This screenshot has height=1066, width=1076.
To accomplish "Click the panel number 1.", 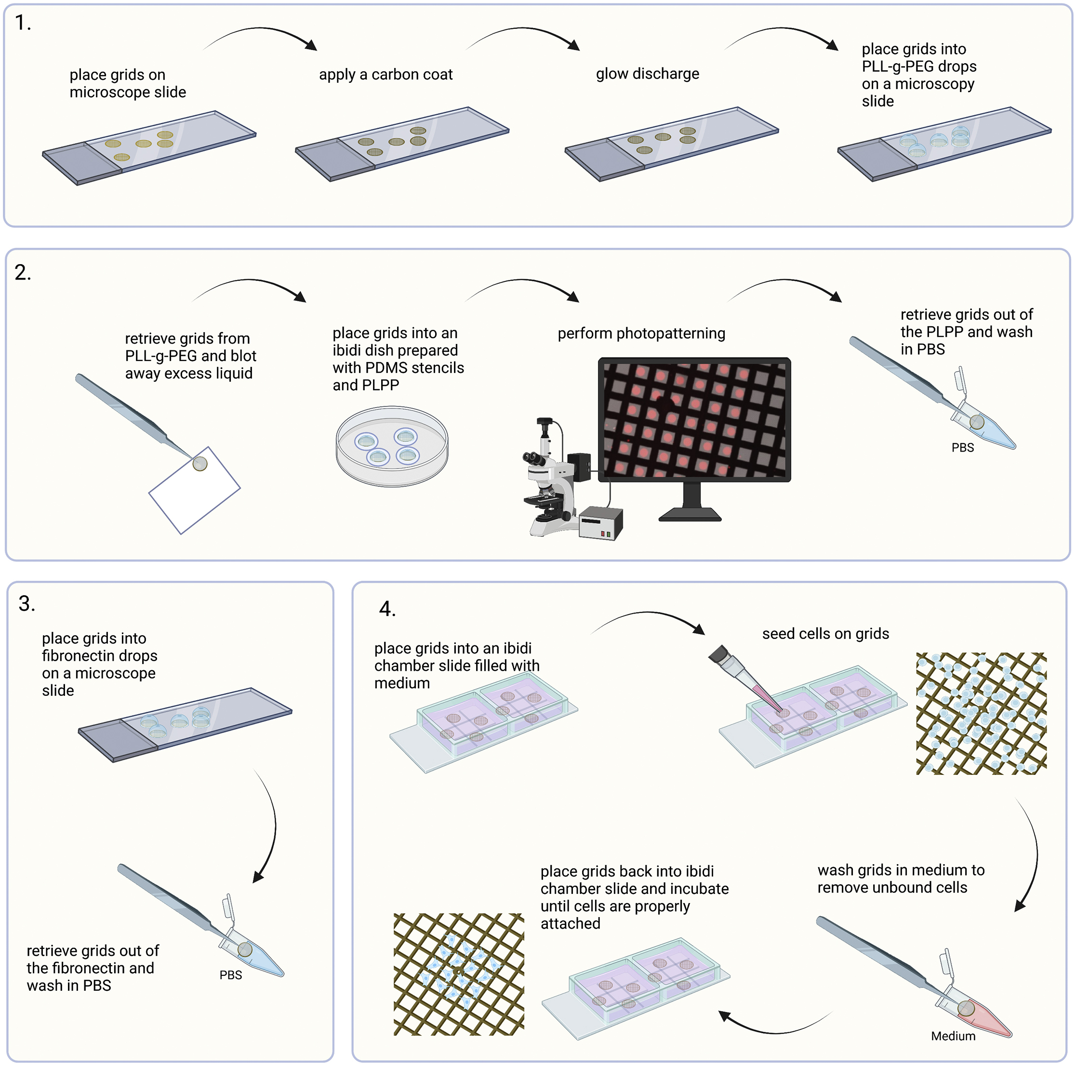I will [x=22, y=24].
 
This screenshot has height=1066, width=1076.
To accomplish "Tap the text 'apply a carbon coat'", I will [x=385, y=75].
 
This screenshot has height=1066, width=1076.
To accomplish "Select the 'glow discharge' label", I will [x=647, y=74].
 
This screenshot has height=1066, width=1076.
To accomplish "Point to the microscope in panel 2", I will [x=548, y=479].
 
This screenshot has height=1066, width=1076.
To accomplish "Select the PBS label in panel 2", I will [x=962, y=448].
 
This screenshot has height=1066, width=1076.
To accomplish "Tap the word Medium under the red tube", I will [x=953, y=1036].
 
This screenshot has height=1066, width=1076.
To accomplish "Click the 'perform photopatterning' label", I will [x=641, y=333].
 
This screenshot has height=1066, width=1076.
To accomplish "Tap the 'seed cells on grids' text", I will [x=825, y=634].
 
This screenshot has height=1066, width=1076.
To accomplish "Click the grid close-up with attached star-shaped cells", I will [x=458, y=974].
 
